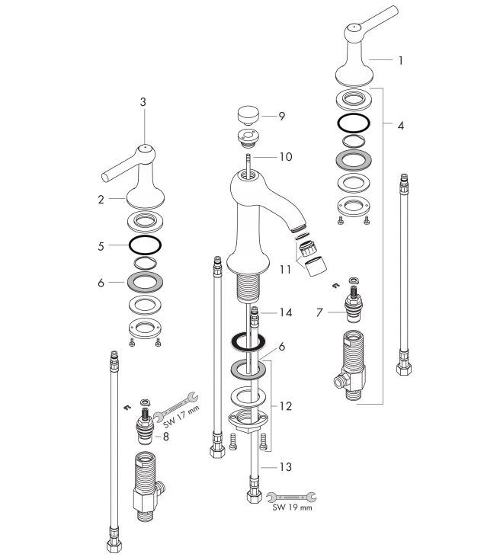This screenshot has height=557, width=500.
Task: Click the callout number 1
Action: (x=400, y=61)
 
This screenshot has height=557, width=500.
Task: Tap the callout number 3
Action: (x=143, y=102)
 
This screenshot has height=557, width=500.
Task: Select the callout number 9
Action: (x=282, y=116)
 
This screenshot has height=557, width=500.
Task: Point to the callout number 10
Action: (x=286, y=157)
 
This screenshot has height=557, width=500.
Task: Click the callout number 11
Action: (x=285, y=270)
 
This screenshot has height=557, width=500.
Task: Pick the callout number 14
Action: (x=286, y=312)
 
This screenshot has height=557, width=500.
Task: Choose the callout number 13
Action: (x=286, y=467)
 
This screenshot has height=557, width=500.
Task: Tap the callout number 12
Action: (x=286, y=406)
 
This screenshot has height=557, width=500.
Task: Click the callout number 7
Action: (x=319, y=312)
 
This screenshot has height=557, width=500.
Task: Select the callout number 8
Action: (x=166, y=437)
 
